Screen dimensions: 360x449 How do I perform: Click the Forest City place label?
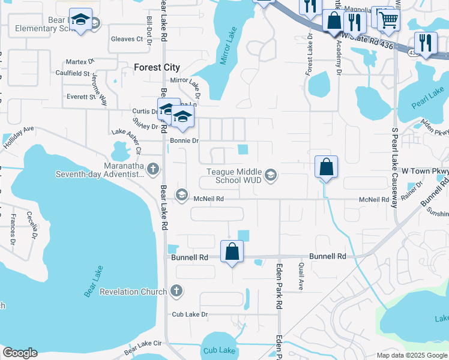(x=157, y=67)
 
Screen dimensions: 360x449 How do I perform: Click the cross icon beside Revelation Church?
(x=176, y=292)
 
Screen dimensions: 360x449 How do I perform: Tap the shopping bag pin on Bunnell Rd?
(x=232, y=252)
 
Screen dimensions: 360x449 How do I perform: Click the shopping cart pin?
(x=388, y=20)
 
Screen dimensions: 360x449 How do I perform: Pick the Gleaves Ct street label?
(x=127, y=40)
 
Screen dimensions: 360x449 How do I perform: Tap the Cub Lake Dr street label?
(x=190, y=314)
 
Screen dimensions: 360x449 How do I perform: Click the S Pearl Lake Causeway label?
(x=395, y=167)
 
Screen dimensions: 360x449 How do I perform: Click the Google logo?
(x=20, y=353)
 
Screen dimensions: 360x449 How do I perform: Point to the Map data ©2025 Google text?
(x=412, y=355)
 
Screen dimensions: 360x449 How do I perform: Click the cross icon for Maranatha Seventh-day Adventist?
(x=153, y=169)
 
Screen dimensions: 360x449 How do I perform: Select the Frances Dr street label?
(x=13, y=229)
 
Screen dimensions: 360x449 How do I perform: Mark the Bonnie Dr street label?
(x=184, y=140)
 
